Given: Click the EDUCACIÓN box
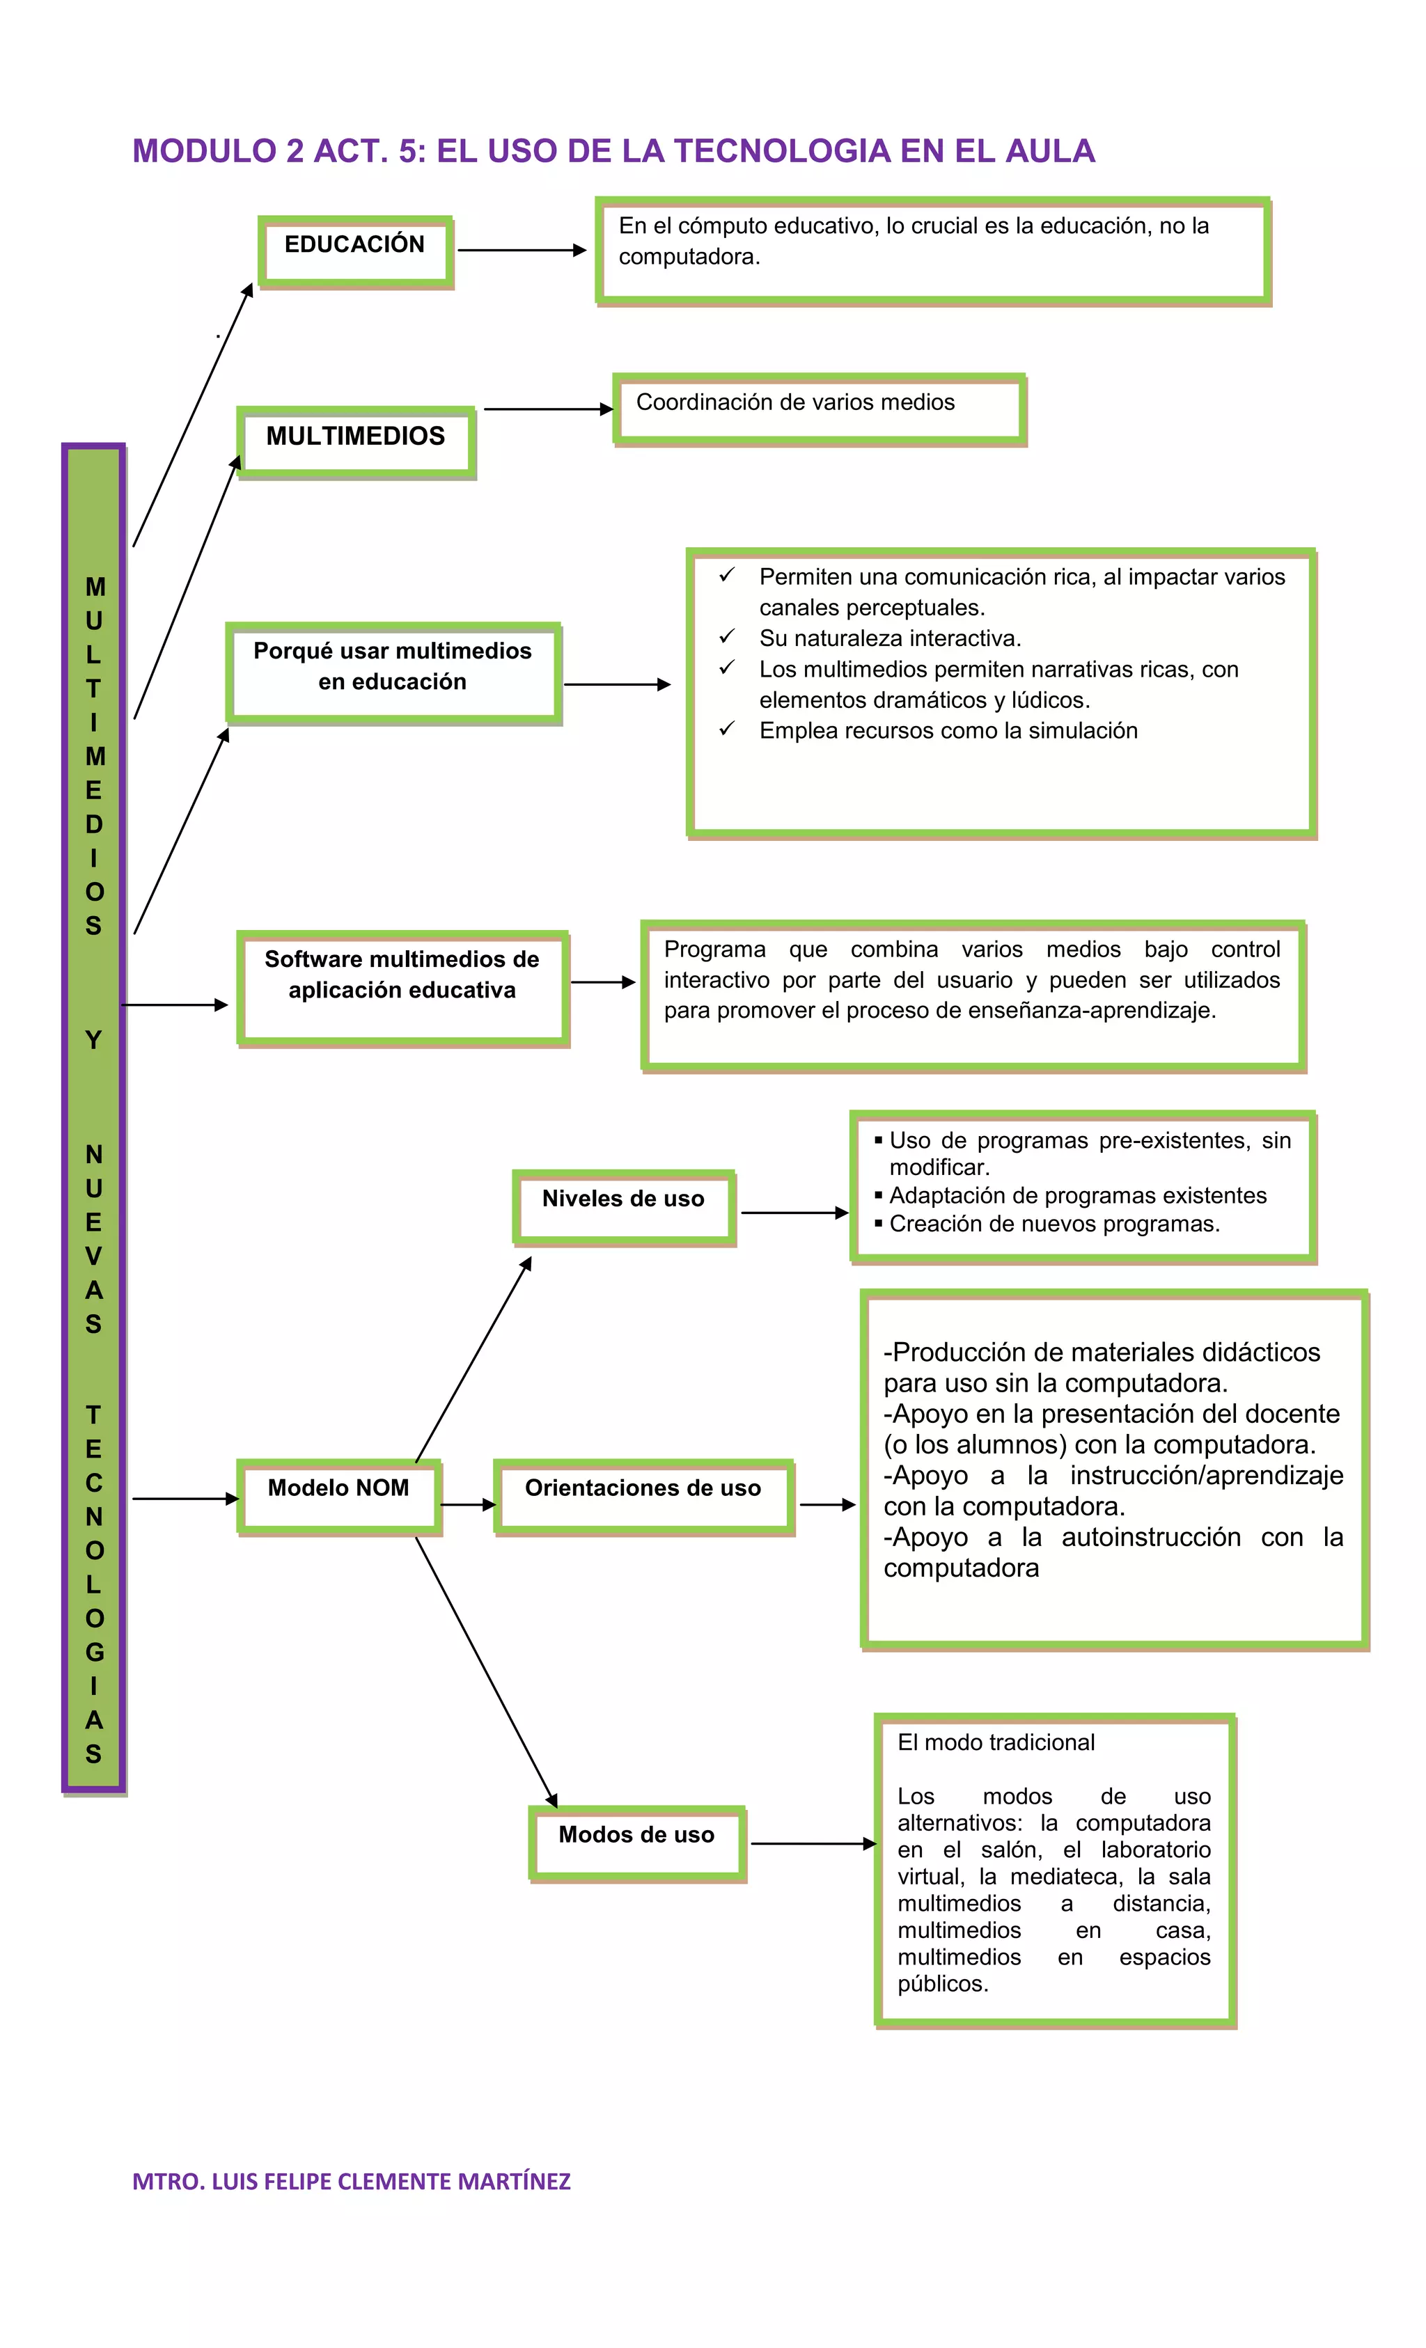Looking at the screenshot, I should pos(354,251).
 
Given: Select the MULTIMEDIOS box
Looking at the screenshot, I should pos(356,441).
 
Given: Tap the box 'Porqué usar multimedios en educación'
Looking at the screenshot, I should pos(393,672).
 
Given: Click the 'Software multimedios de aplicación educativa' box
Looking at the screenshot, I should pos(402,987).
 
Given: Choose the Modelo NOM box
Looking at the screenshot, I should pos(338,1496).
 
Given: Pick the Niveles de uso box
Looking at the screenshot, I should pos(623,1206).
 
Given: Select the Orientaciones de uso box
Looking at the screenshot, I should pos(643,1496).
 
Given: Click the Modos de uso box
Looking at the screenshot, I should pos(636,1843).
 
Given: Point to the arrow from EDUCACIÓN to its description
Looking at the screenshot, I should pos(522,251).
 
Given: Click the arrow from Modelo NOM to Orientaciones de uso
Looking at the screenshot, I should pos(467,1505).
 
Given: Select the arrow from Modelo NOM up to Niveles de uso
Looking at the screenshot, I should pos(473,1358).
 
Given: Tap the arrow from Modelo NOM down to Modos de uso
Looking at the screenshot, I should pos(486,1671).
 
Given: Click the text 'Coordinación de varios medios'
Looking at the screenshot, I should pos(795,402).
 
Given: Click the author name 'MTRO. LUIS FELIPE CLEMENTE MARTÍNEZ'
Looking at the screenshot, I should pos(351,2181).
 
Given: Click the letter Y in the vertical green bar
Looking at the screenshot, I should pos(93,1039).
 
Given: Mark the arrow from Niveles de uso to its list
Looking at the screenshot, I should pos(793,1212).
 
